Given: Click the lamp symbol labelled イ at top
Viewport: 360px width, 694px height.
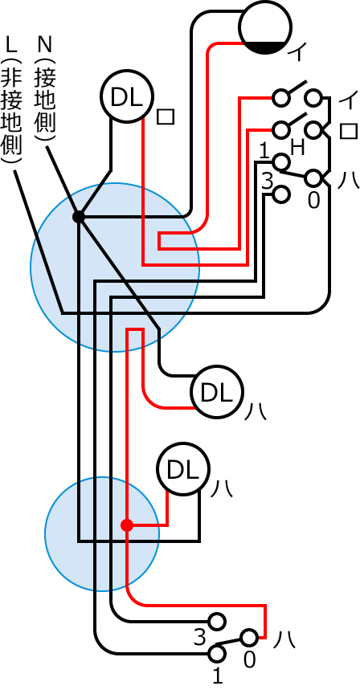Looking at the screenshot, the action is click(265, 27).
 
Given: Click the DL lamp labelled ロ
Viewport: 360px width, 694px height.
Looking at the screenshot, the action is click(127, 96).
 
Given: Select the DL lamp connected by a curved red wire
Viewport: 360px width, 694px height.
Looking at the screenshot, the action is click(217, 392).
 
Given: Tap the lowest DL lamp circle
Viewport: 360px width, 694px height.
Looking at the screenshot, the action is click(183, 469).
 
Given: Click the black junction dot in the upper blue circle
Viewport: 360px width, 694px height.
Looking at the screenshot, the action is click(79, 217).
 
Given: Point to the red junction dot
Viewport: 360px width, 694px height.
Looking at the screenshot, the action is click(127, 525).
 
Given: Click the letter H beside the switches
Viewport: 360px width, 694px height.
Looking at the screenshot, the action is click(297, 148).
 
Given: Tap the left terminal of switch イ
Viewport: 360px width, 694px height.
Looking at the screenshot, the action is click(280, 97).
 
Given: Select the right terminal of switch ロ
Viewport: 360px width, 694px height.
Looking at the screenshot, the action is click(313, 129).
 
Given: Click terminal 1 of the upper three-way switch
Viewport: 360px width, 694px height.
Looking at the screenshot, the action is click(280, 161).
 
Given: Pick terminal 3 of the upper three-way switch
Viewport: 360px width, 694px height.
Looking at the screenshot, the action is click(280, 194).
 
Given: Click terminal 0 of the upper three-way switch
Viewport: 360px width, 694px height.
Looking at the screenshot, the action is click(313, 178).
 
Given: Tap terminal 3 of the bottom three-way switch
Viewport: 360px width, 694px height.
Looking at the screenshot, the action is click(216, 622).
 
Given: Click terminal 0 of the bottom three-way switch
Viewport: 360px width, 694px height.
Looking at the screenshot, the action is click(249, 638).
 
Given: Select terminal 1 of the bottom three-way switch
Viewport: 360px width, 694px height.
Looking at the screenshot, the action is click(216, 654).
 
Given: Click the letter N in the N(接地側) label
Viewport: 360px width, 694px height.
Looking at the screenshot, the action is click(46, 45).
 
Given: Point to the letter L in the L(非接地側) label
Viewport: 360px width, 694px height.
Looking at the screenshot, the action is click(12, 45).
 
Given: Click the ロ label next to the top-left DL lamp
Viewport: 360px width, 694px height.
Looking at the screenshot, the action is click(166, 116).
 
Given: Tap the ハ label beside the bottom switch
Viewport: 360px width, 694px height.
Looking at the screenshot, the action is click(284, 640).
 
